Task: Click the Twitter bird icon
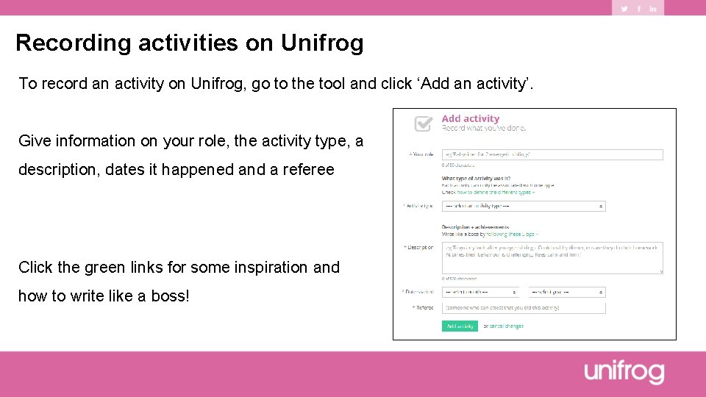624,9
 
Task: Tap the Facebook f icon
638,9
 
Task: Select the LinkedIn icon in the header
652,9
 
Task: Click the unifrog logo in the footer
624,373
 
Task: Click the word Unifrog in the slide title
322,43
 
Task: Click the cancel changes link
507,326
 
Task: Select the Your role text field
552,155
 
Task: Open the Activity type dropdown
523,207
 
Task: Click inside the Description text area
552,258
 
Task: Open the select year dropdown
566,292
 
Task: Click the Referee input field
523,308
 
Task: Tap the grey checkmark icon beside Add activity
424,124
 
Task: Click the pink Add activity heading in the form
470,119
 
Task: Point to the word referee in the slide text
307,170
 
